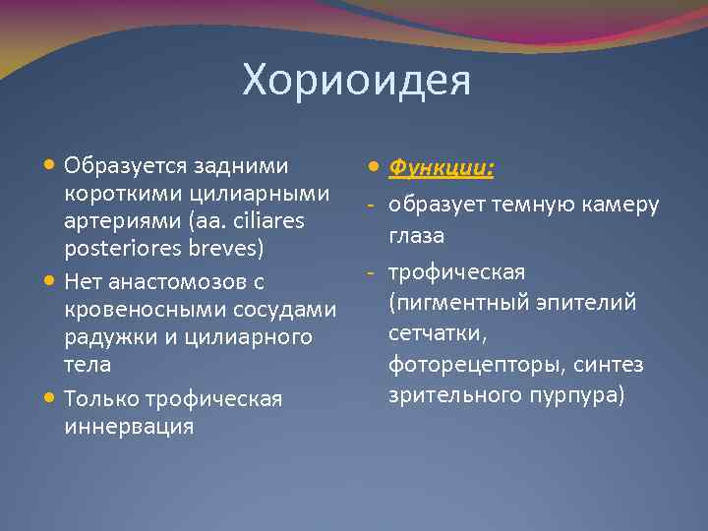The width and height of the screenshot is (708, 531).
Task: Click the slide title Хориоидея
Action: (x=357, y=82)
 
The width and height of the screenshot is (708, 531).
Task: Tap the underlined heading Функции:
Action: (x=441, y=168)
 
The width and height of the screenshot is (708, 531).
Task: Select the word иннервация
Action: (x=128, y=427)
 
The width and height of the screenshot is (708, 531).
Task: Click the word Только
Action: (x=103, y=399)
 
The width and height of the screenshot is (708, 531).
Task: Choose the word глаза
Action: (x=416, y=236)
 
